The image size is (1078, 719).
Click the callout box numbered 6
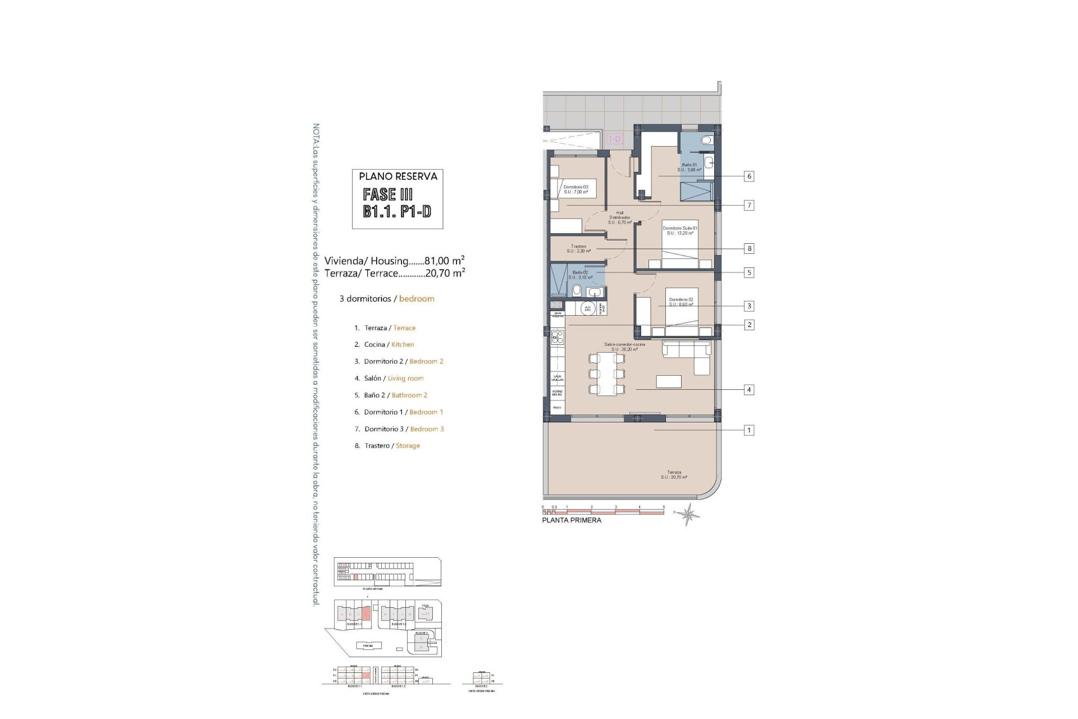(748, 176)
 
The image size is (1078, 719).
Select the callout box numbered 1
(748, 430)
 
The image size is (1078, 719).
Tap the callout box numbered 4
(748, 390)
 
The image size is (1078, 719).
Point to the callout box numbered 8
(748, 248)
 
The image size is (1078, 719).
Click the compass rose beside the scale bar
(688, 513)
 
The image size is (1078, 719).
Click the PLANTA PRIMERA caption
(572, 520)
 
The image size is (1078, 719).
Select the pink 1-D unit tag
(615, 139)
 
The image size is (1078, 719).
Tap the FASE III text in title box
(388, 194)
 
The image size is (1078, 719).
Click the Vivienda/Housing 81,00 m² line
(394, 261)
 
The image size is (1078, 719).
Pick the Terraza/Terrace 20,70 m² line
(394, 273)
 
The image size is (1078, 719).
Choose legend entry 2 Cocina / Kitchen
(385, 344)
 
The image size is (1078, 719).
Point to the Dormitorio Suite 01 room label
(680, 230)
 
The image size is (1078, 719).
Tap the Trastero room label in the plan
(578, 248)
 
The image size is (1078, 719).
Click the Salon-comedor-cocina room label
(624, 347)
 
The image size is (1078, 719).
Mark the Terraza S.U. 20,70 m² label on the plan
(674, 475)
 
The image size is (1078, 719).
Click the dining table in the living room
(606, 374)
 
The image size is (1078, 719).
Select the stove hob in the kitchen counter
(558, 337)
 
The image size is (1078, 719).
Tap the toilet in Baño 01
(707, 140)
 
